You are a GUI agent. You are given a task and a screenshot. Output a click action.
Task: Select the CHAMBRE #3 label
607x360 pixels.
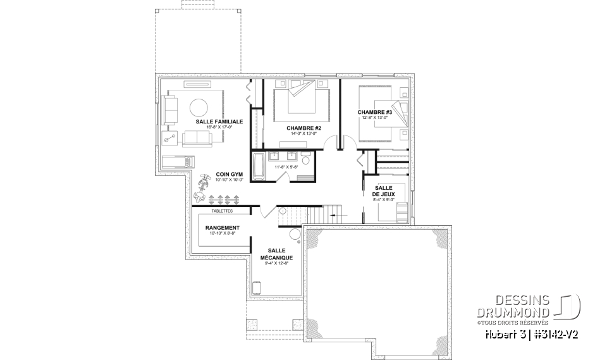point(375,113)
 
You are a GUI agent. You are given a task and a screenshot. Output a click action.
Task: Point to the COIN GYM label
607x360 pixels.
point(229,174)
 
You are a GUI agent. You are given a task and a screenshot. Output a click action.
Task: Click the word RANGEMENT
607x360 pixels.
point(222,228)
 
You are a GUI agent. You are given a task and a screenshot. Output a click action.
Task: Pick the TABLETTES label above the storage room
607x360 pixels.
point(222,211)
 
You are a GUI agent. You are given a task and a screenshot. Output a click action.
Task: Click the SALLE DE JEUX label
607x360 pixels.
point(384,192)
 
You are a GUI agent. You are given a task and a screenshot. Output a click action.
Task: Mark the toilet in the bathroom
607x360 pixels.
point(305,165)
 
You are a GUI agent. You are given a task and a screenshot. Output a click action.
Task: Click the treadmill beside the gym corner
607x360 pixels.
point(176,162)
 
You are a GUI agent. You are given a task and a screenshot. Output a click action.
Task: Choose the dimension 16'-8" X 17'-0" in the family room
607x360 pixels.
point(215,127)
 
